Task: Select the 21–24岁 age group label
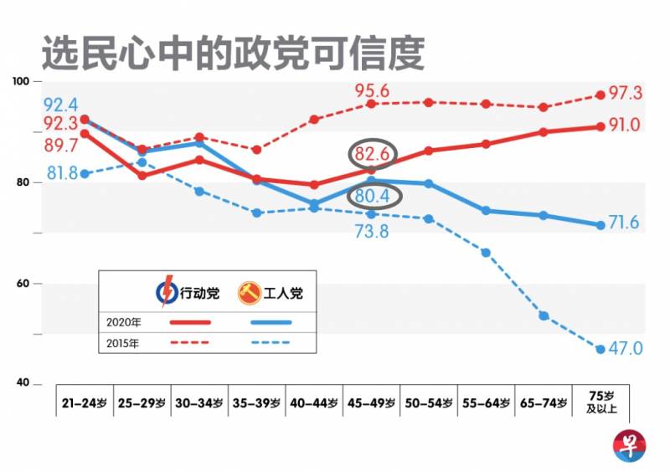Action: pos(84,402)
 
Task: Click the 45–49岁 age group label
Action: pos(371,402)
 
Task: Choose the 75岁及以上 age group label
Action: pos(600,402)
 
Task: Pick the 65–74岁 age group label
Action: pos(543,402)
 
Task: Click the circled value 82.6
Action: pos(372,154)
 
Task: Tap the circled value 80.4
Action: pos(372,197)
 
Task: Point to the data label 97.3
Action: pos(626,93)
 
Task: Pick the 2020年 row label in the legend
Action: pos(122,322)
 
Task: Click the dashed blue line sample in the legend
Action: pos(269,342)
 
